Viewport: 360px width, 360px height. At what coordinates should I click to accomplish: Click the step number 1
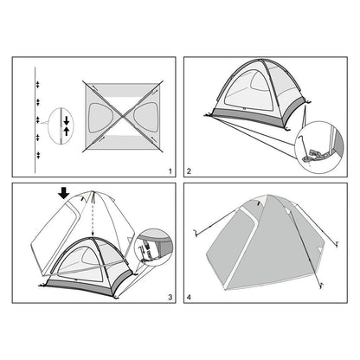(170, 171)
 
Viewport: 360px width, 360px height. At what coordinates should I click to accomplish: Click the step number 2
(189, 171)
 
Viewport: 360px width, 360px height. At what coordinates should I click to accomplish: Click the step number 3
(170, 297)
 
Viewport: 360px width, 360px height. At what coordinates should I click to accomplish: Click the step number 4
(189, 297)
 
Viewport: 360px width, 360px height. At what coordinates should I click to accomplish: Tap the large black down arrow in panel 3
(64, 193)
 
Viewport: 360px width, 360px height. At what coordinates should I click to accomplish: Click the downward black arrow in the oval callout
(67, 120)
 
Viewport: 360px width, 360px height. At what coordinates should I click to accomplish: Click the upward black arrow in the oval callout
(67, 132)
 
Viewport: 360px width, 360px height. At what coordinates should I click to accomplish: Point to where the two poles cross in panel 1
(123, 116)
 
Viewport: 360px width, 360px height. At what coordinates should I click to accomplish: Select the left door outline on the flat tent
(100, 118)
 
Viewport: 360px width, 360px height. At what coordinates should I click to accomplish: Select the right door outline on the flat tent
(146, 117)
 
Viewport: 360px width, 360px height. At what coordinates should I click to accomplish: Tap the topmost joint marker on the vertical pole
(37, 84)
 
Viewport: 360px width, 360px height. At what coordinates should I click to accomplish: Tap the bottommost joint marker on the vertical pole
(38, 155)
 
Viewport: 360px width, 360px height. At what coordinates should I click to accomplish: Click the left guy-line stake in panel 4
(196, 233)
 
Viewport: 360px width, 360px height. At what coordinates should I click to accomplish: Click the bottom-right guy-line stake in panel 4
(320, 286)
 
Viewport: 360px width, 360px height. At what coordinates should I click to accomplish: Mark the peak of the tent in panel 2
(260, 60)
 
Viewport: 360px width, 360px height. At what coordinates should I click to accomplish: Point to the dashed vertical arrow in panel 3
(93, 214)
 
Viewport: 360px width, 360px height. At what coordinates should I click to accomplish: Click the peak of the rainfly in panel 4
(267, 196)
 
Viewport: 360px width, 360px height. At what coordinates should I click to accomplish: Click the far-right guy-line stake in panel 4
(337, 245)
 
